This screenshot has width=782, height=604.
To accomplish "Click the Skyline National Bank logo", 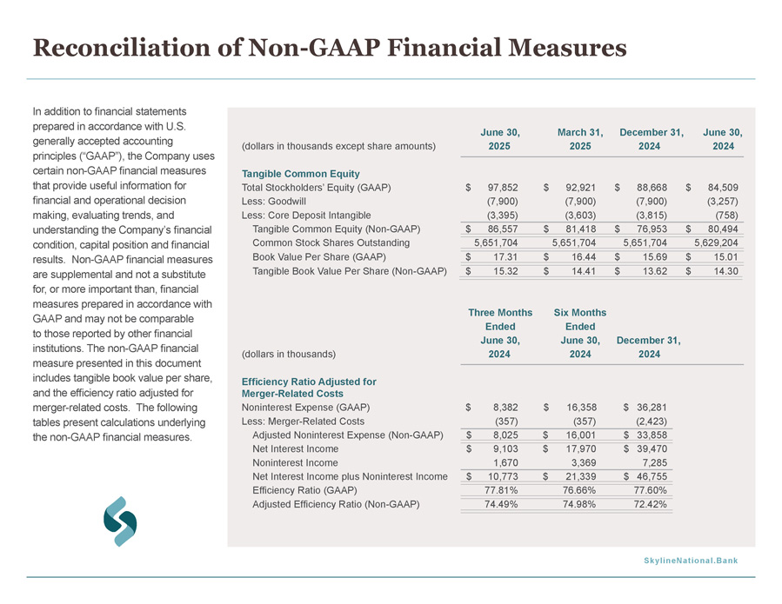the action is coord(120,521).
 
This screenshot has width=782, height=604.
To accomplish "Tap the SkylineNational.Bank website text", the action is coord(691,561).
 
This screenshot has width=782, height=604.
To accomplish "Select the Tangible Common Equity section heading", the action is coord(301,174).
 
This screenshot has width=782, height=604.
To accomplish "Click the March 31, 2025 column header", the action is coord(580,139).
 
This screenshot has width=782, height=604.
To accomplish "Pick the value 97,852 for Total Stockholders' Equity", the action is coord(503,188).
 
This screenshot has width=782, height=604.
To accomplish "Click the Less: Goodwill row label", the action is coord(274,202).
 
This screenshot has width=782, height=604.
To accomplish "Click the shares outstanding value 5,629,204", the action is coord(716,242).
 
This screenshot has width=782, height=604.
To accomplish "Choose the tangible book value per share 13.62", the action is coord(654,271).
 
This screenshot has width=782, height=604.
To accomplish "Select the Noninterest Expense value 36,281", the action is coord(652,407).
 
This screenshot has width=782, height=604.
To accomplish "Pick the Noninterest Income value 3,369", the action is coord(584,463).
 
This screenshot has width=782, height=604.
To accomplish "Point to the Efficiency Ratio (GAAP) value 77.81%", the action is coord(501,490).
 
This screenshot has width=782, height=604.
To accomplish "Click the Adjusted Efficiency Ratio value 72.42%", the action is coord(651,504).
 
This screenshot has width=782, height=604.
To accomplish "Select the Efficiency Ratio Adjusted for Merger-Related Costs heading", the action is coord(309,388).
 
